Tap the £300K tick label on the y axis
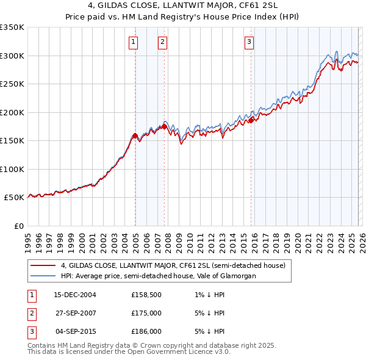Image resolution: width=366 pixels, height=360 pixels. pos(12,56)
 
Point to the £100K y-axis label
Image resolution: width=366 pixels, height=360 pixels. pos(12,169)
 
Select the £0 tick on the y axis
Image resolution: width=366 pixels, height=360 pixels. pos(18,226)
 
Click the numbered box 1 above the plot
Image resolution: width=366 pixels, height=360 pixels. pos(133,42)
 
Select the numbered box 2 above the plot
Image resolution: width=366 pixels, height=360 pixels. pos(163,42)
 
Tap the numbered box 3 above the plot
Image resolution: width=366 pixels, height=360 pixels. pos(249,42)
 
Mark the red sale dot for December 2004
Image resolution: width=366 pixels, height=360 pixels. pos(135,135)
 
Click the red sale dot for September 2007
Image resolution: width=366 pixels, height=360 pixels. pos(165,126)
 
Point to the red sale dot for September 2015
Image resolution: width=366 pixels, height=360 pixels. pos(251,120)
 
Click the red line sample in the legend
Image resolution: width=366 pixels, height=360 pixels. pos(43,265)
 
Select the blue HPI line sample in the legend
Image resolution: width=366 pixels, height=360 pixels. pos(43,276)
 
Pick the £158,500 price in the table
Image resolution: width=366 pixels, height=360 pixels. pos(145,295)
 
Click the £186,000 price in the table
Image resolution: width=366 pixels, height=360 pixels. pos(145,331)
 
